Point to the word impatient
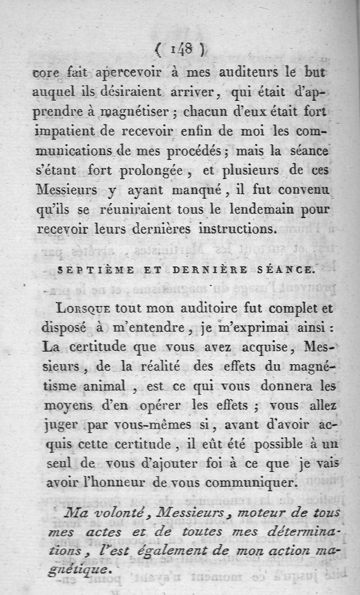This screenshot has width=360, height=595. [x=63, y=132]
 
